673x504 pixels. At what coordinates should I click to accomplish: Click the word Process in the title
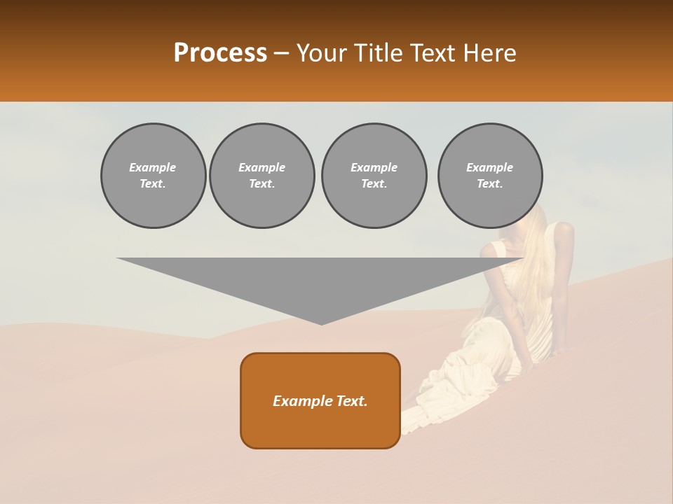click(x=220, y=52)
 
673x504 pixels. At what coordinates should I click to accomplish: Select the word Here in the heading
click(x=491, y=52)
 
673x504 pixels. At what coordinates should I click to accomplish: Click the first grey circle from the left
click(x=153, y=176)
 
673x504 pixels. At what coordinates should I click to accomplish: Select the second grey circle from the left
click(x=262, y=176)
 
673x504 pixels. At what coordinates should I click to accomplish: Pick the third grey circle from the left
click(x=374, y=176)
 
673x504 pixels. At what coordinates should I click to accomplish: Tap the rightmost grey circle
click(x=490, y=176)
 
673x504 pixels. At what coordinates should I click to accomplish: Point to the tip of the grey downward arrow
click(x=321, y=323)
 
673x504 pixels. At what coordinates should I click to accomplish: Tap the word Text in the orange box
click(x=352, y=401)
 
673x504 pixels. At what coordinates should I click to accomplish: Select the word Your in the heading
click(x=320, y=52)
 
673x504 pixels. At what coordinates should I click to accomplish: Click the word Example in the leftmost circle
click(x=153, y=167)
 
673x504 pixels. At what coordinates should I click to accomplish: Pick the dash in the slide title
click(x=281, y=53)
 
